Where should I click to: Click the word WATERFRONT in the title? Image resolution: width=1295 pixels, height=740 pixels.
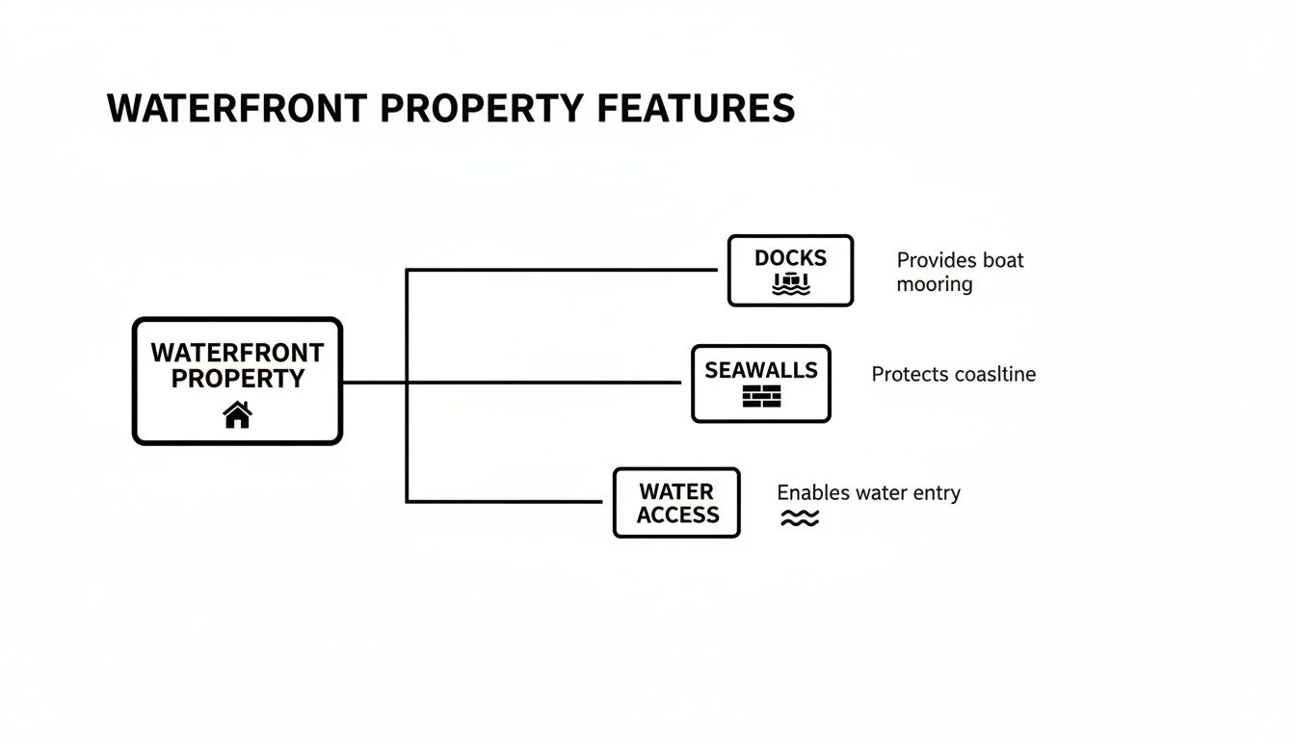click(237, 109)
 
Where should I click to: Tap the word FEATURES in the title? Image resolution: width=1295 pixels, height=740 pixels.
click(696, 109)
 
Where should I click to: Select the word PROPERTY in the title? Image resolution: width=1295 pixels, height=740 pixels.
click(482, 109)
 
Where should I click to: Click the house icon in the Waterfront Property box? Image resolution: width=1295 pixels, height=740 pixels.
click(237, 414)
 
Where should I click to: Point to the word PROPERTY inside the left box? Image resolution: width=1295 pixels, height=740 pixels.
click(237, 379)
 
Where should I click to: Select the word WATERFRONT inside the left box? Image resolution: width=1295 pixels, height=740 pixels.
click(237, 353)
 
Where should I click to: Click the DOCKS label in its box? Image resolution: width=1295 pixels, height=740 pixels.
click(790, 258)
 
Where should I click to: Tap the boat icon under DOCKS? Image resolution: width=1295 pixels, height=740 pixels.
click(791, 284)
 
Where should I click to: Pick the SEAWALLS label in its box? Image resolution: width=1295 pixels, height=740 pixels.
click(761, 370)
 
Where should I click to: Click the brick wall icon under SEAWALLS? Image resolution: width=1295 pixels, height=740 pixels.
click(761, 396)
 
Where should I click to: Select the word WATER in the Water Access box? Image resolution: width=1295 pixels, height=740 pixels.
click(676, 491)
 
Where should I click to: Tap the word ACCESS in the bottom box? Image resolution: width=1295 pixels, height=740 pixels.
click(677, 515)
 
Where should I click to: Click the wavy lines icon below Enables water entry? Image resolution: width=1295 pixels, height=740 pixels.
click(799, 519)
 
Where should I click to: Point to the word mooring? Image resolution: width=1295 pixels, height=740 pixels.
click(935, 284)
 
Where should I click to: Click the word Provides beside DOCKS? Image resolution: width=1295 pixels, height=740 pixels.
click(937, 260)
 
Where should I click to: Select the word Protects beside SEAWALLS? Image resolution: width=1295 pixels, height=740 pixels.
click(910, 374)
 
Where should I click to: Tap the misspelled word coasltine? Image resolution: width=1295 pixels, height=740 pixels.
click(994, 374)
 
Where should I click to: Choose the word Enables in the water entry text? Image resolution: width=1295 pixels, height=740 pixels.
click(812, 493)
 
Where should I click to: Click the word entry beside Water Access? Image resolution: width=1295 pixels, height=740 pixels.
click(936, 493)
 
